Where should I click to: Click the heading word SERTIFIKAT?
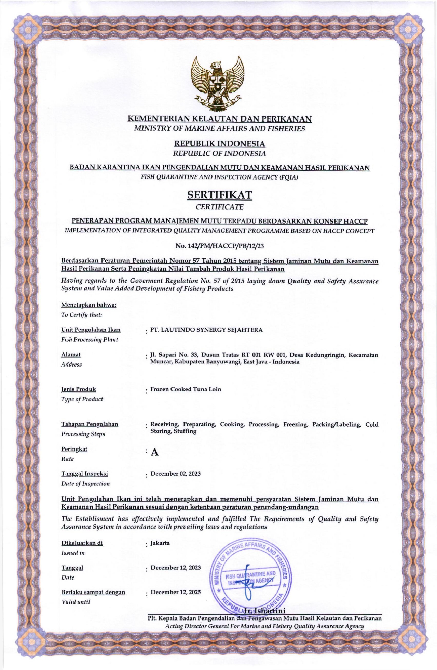point(220,195)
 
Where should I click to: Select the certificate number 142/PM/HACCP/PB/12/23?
point(220,246)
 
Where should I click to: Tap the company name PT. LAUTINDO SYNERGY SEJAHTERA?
point(206,330)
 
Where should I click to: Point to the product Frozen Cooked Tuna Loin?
point(186,389)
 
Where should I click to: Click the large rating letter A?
point(155,453)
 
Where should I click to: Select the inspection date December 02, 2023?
point(175,474)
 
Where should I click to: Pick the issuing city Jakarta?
point(160,543)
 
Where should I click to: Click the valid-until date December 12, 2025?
point(176,592)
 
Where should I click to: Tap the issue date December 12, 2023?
point(176,568)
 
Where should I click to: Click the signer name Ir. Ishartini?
point(264,611)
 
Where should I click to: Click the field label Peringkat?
point(74,449)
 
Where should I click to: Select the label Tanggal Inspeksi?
point(84,474)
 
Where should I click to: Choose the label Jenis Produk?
point(78,389)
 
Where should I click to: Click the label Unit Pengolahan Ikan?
point(91,330)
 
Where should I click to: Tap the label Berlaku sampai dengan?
point(93,592)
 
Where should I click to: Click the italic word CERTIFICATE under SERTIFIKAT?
point(220,207)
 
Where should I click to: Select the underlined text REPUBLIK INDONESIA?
point(220,144)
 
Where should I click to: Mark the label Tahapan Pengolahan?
point(90,424)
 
